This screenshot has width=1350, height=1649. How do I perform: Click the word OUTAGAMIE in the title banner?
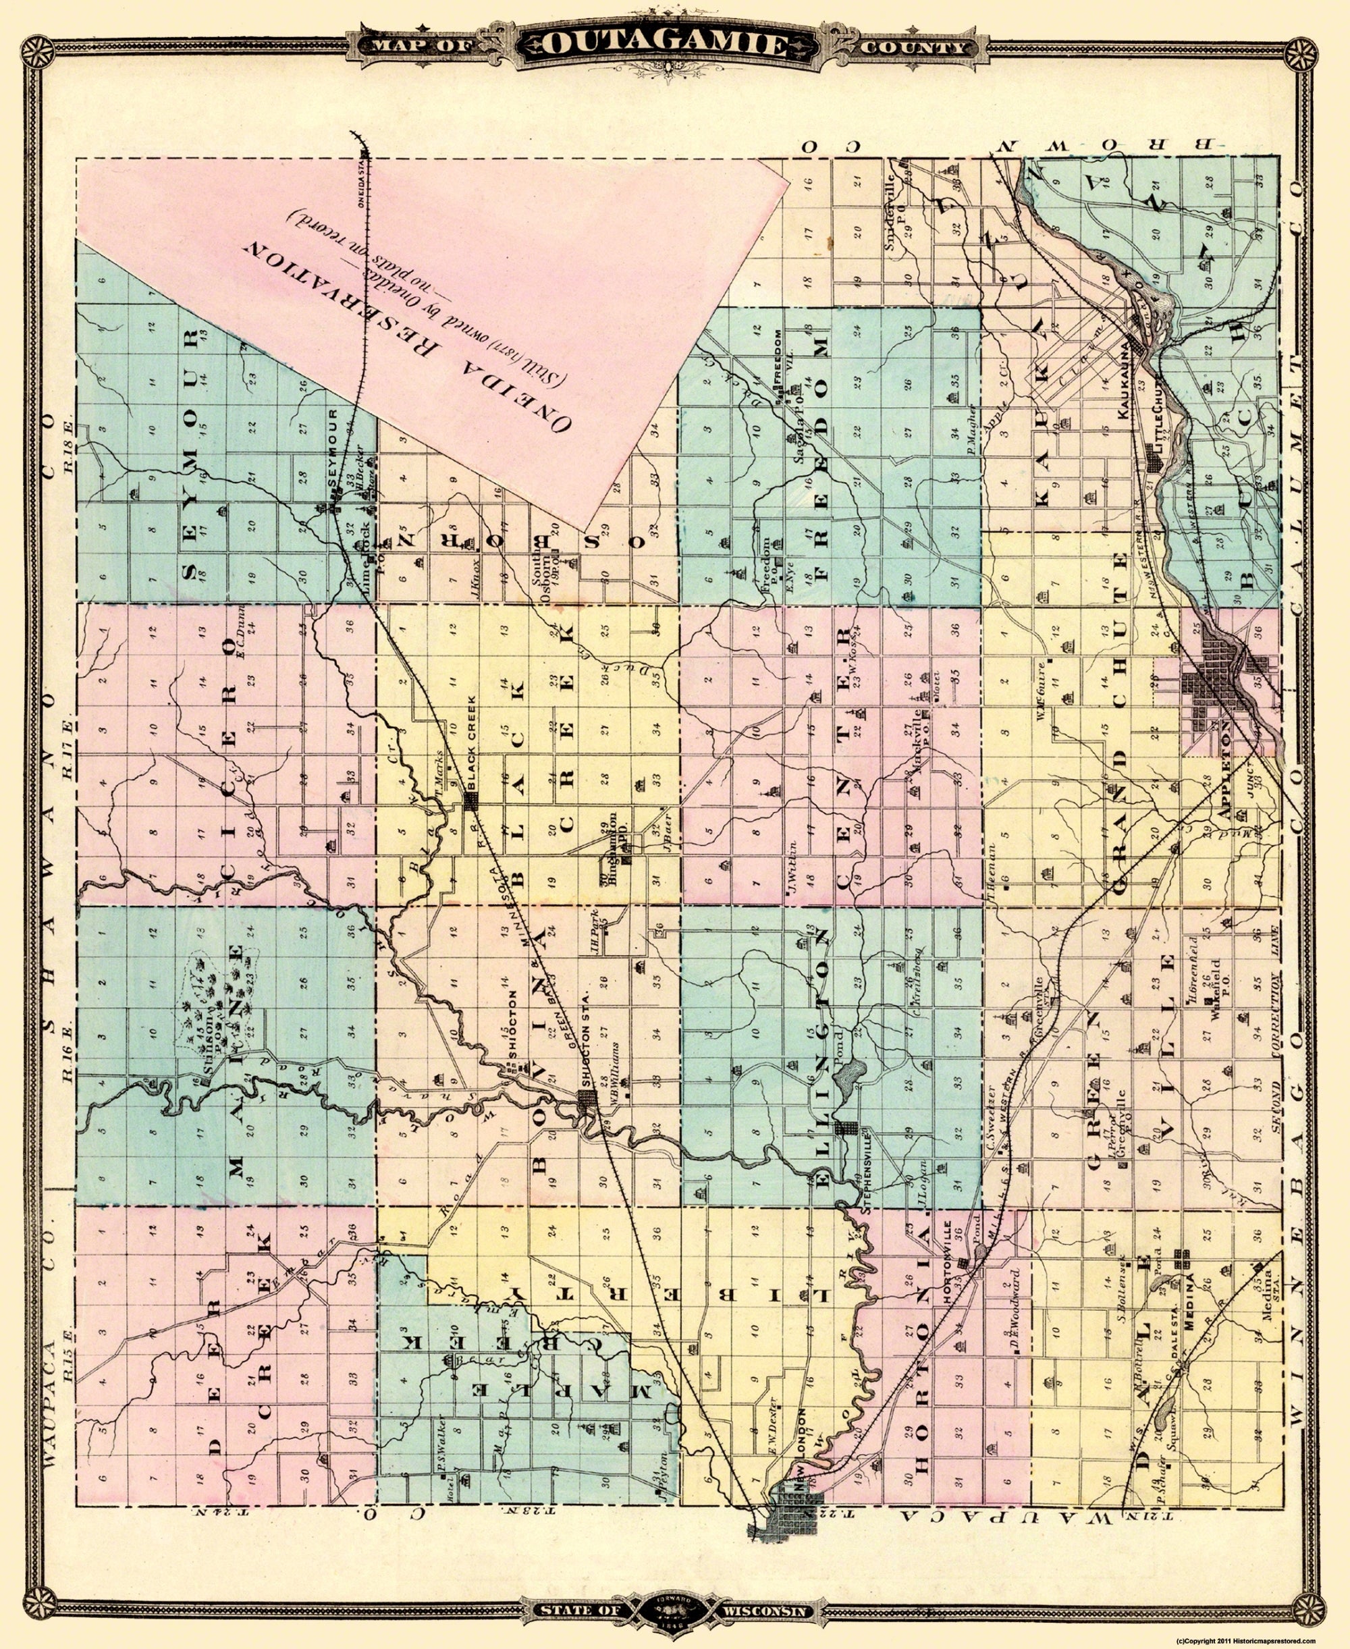(x=674, y=45)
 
